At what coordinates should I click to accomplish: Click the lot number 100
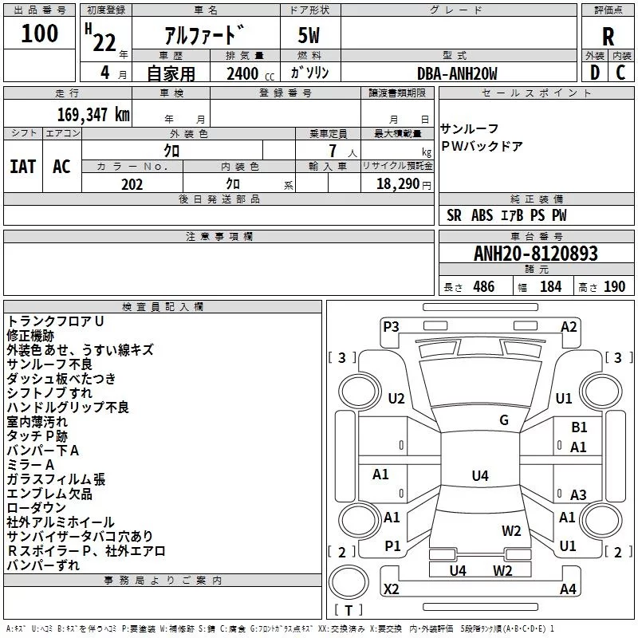click(40, 33)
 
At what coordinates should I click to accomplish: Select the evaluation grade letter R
click(608, 36)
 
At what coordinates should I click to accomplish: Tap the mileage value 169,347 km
click(93, 114)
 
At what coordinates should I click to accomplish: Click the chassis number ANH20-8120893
click(535, 254)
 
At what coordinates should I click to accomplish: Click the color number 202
click(132, 184)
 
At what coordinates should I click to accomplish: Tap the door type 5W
click(309, 36)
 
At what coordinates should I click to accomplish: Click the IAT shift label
click(23, 166)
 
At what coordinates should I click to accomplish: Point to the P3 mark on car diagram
click(391, 326)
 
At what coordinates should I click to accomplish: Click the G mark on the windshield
click(503, 420)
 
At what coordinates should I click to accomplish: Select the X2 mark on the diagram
click(391, 589)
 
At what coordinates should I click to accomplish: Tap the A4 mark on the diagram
click(568, 589)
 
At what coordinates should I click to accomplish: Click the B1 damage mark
click(579, 427)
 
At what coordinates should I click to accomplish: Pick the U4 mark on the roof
click(479, 476)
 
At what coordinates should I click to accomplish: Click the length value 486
click(483, 286)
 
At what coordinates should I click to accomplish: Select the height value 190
click(614, 286)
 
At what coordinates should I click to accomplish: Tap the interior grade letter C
click(620, 73)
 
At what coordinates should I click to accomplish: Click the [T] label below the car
click(348, 610)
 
